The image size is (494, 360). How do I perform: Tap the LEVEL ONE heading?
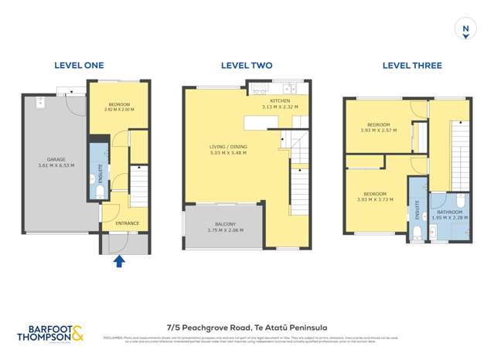point(78,66)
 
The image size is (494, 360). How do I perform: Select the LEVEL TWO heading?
point(246,66)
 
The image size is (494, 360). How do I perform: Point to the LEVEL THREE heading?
point(407,66)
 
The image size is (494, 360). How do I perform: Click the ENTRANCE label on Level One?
point(127,223)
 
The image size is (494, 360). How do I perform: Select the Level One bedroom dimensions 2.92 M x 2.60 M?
point(118,110)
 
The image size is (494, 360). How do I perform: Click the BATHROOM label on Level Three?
point(449,212)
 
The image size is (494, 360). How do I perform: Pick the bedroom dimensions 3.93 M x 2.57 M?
point(378,131)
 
